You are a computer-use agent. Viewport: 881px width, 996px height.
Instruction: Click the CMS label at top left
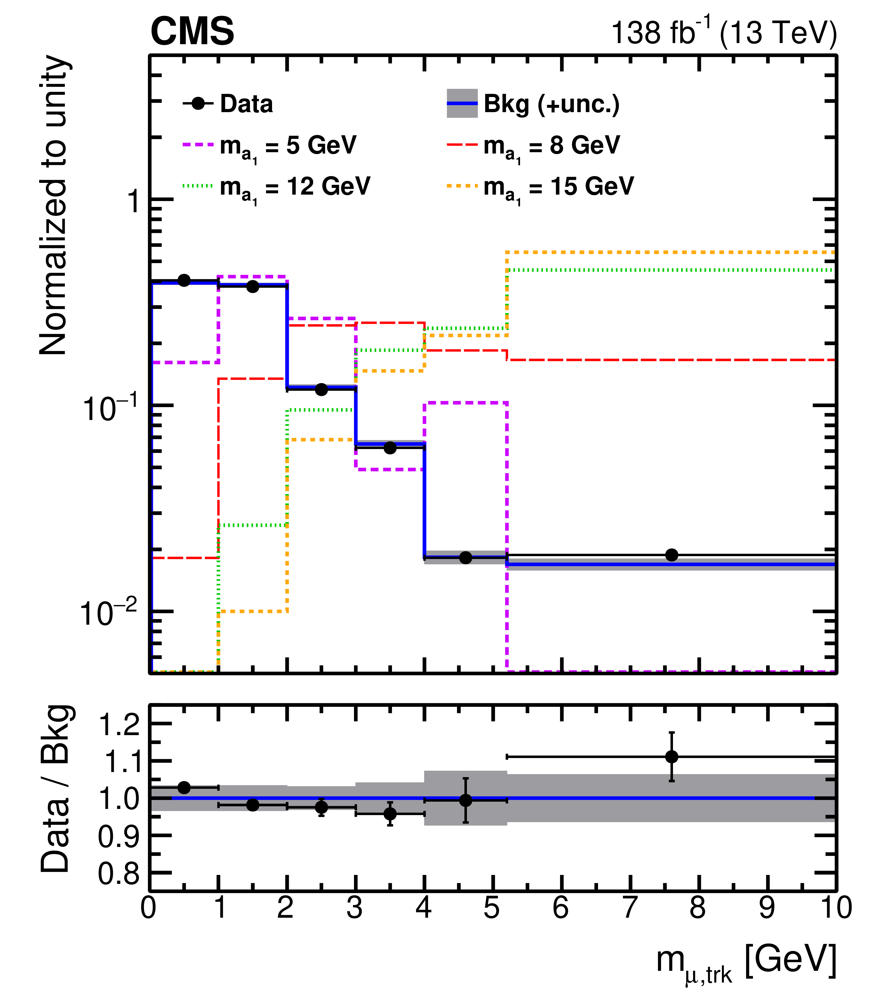click(x=192, y=32)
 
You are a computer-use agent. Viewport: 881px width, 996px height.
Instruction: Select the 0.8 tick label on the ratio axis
click(x=119, y=874)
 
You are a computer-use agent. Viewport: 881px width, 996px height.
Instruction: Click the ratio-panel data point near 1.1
click(x=672, y=757)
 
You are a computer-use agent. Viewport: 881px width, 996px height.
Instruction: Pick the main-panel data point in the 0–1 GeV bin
click(x=184, y=280)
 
